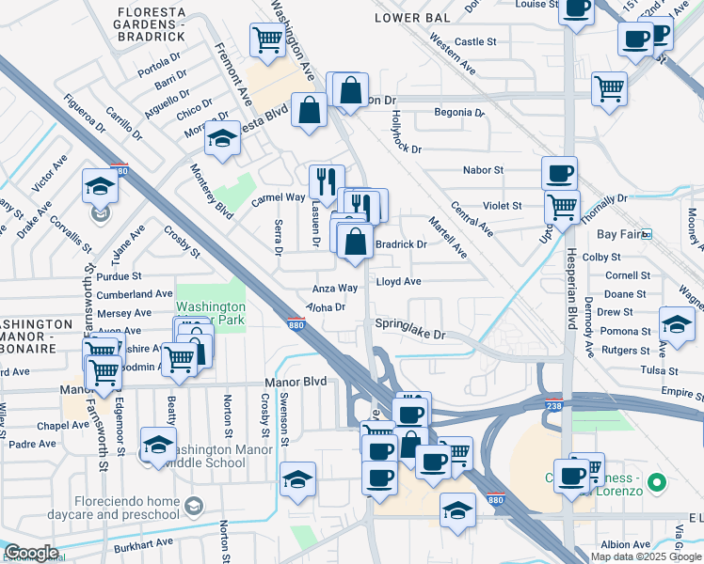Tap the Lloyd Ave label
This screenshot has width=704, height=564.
(398, 281)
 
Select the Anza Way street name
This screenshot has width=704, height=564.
(335, 289)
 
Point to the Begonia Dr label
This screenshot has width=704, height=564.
(458, 113)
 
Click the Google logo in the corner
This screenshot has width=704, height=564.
(31, 553)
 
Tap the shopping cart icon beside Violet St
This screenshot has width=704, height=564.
(562, 205)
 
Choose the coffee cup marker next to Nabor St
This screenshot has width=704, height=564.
(559, 173)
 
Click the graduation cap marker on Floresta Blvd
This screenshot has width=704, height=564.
(222, 138)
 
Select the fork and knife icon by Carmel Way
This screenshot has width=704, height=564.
(327, 180)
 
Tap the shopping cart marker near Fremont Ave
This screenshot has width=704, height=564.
(267, 40)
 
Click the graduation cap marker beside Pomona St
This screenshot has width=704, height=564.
(677, 324)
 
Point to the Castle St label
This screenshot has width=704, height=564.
(474, 42)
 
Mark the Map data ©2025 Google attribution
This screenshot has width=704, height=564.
(646, 556)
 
